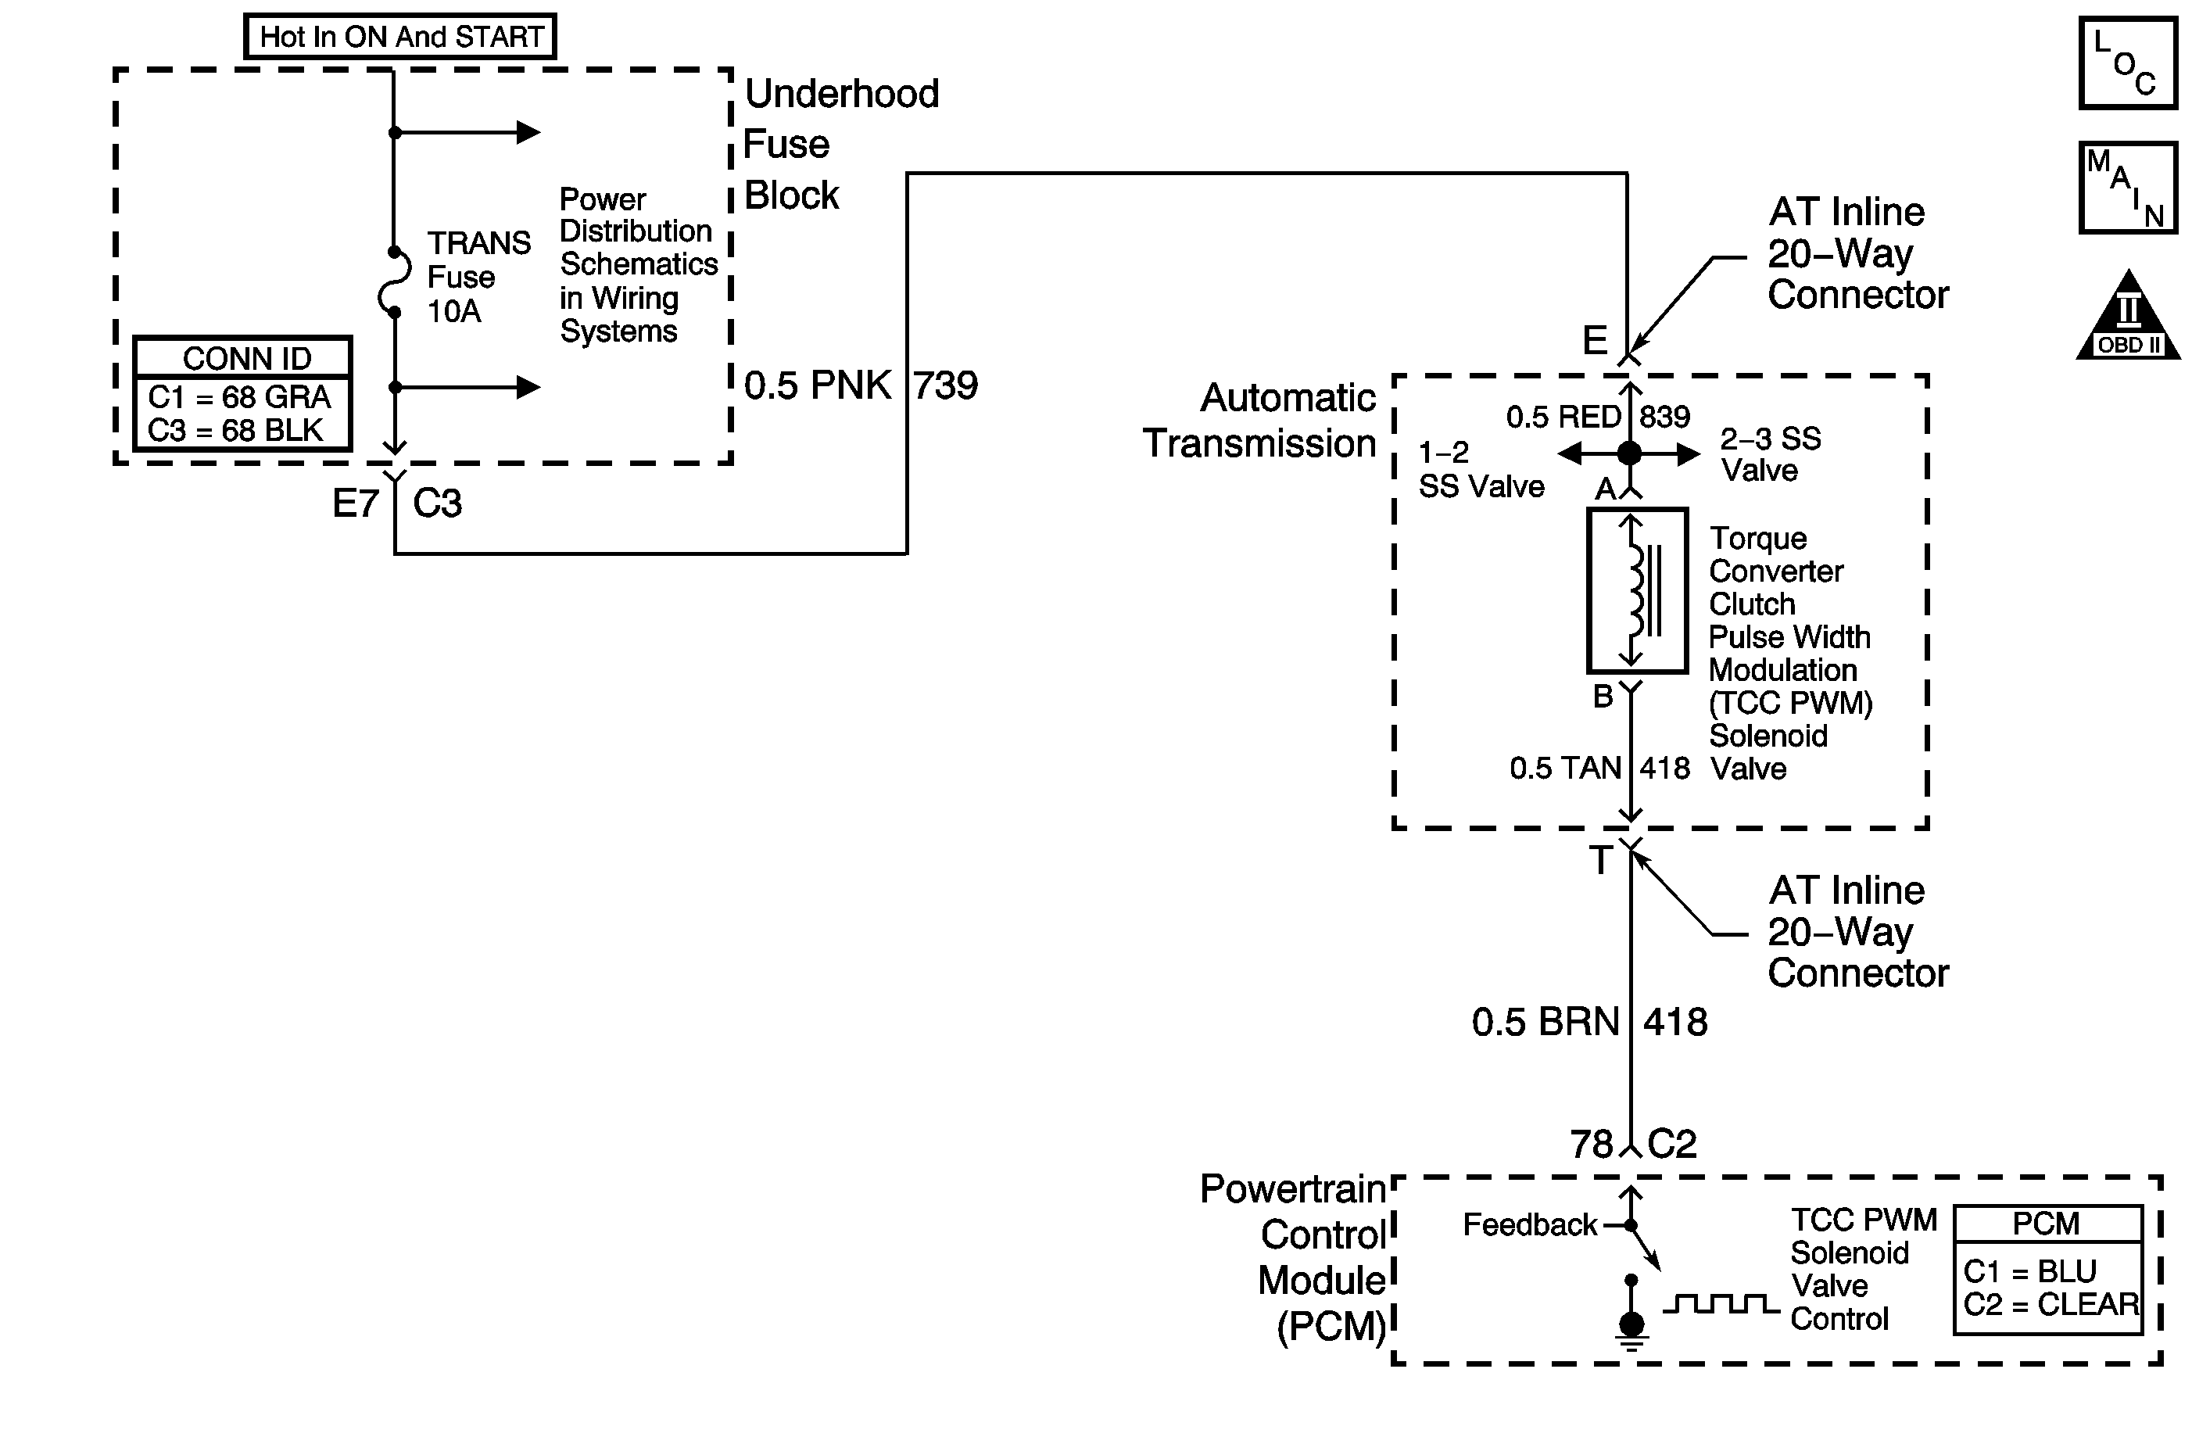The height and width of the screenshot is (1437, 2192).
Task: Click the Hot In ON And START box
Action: [x=400, y=37]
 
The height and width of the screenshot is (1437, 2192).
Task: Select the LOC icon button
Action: [x=2128, y=63]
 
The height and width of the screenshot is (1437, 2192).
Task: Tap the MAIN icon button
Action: [x=2128, y=188]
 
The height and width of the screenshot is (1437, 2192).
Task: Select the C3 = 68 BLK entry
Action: [x=236, y=430]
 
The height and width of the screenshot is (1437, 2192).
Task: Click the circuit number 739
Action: [x=945, y=385]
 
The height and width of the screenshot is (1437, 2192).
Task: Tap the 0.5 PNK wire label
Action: [x=817, y=385]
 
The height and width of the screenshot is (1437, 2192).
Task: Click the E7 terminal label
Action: [x=356, y=503]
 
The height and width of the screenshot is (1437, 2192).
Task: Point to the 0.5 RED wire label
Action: [x=1563, y=417]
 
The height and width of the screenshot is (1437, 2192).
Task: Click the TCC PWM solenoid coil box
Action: [x=1637, y=590]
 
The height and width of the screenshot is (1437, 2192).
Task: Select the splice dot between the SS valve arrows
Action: [x=1629, y=453]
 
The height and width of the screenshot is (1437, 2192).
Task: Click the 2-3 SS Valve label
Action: [x=1769, y=454]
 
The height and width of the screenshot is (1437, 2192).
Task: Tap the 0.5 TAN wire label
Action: [x=1565, y=767]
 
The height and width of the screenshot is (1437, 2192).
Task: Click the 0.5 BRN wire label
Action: [x=1545, y=1022]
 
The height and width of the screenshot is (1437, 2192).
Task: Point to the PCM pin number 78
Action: [x=1592, y=1144]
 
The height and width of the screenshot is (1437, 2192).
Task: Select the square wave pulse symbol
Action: [x=1721, y=1303]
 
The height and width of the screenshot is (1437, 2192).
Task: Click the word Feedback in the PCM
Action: [x=1530, y=1224]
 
